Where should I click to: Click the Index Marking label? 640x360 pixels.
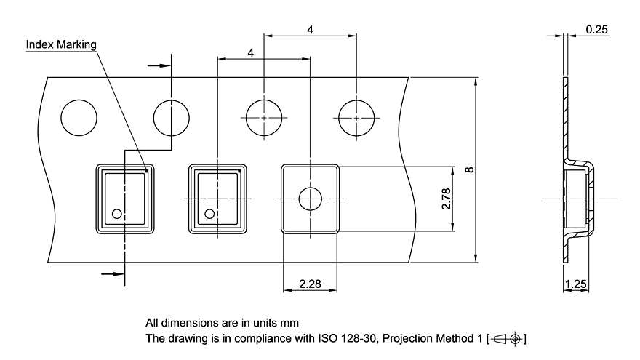[x=61, y=45]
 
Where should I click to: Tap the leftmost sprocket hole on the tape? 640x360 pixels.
[x=79, y=117]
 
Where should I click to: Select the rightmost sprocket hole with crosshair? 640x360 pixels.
[x=357, y=117]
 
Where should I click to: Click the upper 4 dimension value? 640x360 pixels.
[x=311, y=30]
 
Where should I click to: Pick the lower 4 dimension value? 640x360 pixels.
[x=251, y=53]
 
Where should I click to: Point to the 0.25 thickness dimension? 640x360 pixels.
[x=596, y=30]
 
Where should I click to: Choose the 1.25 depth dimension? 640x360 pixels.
[x=576, y=284]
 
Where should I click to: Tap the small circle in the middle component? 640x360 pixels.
[x=209, y=214]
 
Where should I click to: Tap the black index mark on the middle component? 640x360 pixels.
[x=239, y=171]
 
